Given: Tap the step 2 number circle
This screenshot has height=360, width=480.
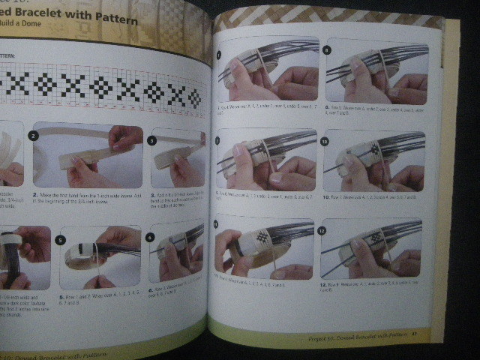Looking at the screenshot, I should (x=33, y=136).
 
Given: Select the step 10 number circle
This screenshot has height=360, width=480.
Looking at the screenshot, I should (x=326, y=140).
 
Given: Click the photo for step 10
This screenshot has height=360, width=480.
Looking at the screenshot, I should (x=374, y=162).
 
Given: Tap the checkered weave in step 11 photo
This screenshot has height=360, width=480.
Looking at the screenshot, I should (x=257, y=239).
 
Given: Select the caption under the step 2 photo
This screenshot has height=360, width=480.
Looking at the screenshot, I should (x=84, y=198).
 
